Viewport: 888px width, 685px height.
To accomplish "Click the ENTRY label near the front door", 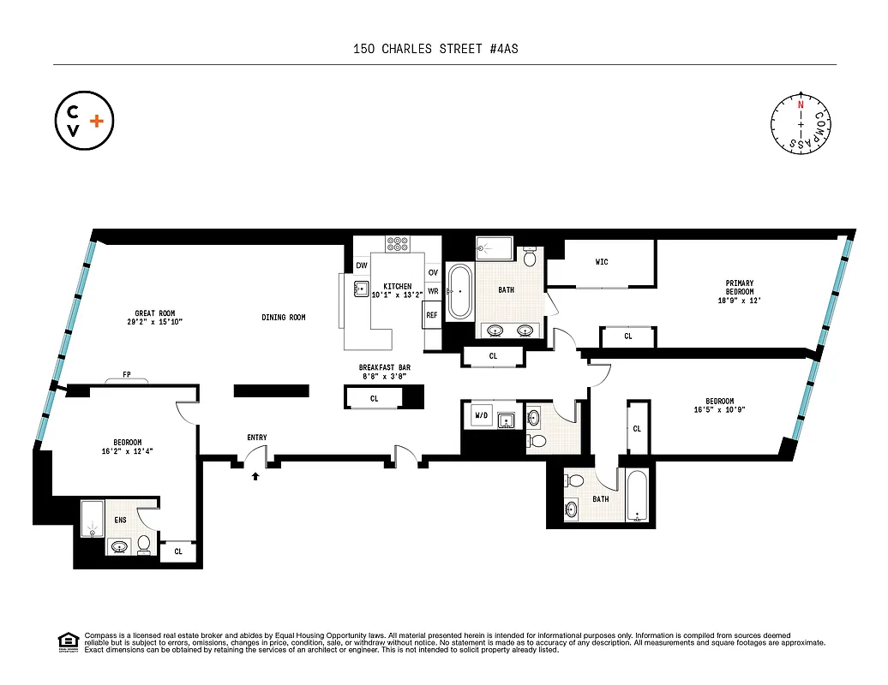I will (256, 438).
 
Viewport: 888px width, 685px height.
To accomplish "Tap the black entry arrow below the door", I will (255, 477).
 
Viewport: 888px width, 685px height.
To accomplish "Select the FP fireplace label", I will (126, 374).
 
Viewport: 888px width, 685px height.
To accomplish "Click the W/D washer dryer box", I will (480, 417).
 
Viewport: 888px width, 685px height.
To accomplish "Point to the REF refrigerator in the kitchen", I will (432, 315).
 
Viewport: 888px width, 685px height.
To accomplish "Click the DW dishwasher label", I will (361, 266).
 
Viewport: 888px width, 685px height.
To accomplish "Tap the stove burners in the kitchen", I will (397, 243).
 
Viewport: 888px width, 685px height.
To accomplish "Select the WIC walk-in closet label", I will (601, 262).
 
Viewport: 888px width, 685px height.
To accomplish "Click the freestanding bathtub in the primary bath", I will (461, 291).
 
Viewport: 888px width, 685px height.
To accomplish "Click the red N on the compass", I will (801, 104).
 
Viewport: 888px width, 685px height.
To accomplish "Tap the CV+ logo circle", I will (83, 121).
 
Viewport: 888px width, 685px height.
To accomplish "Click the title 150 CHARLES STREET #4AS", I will (435, 49).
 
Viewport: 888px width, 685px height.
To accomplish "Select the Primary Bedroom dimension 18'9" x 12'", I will (739, 301).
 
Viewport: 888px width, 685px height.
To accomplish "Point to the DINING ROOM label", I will (284, 318).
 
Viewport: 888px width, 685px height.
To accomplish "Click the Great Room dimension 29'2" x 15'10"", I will (154, 323).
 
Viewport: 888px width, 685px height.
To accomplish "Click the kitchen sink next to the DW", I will (362, 289).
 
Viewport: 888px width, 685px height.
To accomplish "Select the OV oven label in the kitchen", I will (433, 272).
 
